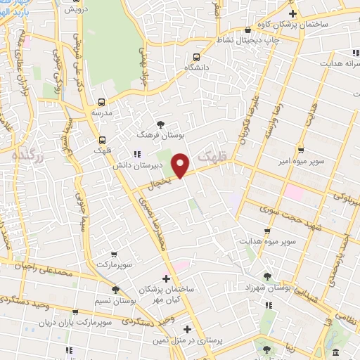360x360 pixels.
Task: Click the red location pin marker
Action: [x=181, y=165]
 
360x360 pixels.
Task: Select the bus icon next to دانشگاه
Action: [x=195, y=57]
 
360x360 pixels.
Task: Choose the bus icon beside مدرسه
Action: [x=103, y=102]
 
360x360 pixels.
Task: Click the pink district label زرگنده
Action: [x=29, y=155]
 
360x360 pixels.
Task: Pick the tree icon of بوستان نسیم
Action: [x=115, y=289]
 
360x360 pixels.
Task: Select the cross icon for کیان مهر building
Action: [x=165, y=279]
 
